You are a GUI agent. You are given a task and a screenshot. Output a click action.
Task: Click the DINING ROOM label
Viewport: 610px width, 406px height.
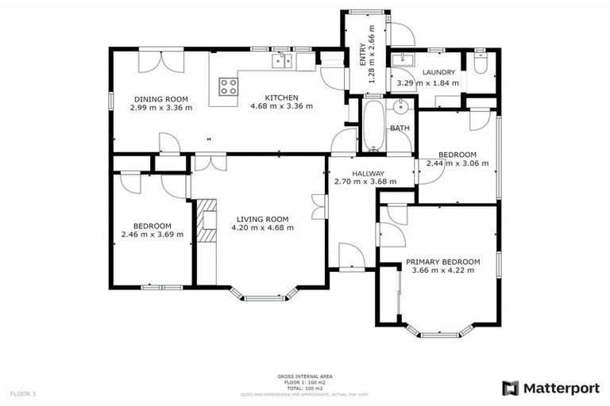(161, 99)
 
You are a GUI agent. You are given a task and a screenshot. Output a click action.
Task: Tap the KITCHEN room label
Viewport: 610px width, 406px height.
(281, 97)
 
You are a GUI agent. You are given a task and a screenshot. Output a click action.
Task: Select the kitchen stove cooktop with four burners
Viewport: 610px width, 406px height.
(229, 86)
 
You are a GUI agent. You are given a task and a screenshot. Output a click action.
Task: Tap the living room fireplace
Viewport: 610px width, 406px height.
(207, 224)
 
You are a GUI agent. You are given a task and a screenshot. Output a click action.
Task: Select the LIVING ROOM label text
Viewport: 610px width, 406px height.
(262, 219)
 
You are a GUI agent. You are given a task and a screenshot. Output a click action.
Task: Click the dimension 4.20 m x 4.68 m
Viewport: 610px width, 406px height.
(262, 228)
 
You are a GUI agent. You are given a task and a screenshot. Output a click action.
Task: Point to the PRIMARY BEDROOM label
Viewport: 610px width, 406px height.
(443, 262)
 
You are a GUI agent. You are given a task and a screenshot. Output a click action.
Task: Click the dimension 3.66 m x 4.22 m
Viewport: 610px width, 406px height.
(443, 270)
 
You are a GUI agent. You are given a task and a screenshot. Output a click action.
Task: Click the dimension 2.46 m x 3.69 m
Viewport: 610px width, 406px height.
(152, 234)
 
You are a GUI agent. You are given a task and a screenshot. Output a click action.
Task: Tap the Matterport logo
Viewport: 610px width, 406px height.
(549, 388)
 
